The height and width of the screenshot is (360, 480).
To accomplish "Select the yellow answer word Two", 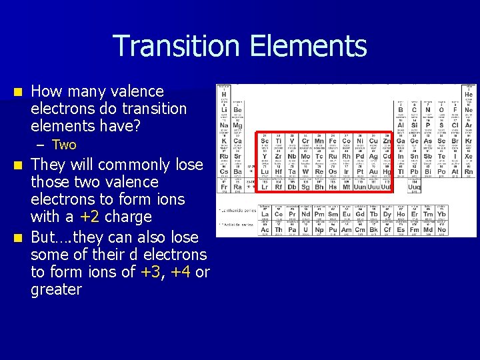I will click(64, 145).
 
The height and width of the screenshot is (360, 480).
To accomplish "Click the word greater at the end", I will click(56, 289).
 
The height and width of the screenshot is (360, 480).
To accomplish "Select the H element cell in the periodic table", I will click(224, 94).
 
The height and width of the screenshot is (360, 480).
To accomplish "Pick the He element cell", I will click(468, 94).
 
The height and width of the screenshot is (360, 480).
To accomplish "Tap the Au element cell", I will click(373, 171).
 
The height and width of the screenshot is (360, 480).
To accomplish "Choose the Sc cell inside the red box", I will click(265, 141).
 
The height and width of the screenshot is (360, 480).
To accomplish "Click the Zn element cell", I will click(387, 141).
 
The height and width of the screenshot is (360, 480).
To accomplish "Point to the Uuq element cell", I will click(414, 186).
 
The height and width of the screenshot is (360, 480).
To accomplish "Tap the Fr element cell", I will click(224, 186).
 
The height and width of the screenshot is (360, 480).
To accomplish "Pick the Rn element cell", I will click(468, 171).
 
